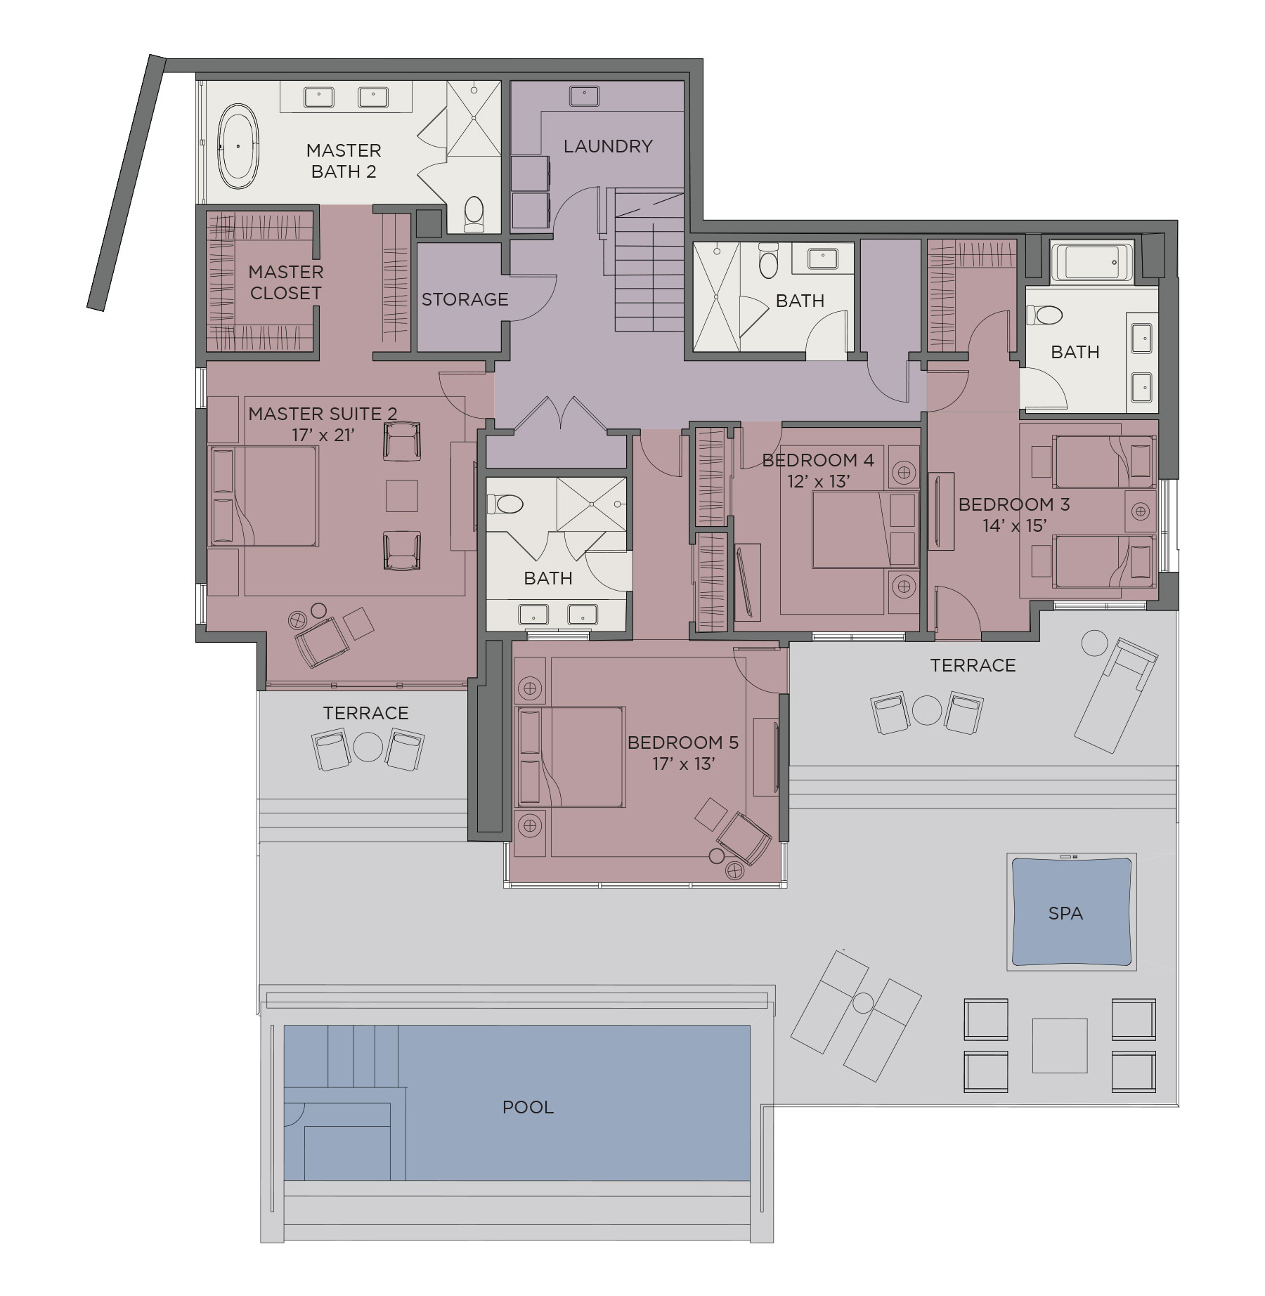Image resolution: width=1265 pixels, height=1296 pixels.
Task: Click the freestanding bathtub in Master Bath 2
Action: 238,146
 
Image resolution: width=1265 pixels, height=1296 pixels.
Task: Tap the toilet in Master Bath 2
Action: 474,213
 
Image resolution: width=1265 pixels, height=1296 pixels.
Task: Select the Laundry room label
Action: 608,146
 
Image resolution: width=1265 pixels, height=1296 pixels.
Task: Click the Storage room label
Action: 465,299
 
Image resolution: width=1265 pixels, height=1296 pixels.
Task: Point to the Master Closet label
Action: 285,282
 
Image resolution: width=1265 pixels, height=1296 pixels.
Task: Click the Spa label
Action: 1065,913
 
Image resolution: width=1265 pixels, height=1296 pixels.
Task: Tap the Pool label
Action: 528,1107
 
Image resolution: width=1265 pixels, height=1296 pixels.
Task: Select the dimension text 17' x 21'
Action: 323,435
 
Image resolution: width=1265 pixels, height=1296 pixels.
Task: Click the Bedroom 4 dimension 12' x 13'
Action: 818,481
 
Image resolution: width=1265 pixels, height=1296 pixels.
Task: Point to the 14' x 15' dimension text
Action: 1014,525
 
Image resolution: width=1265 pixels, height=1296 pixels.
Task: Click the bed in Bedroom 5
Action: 570,757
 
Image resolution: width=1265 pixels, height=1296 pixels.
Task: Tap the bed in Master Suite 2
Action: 264,496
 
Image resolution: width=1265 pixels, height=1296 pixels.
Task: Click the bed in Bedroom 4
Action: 865,530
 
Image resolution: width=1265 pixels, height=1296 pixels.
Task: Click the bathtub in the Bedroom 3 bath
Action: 1091,262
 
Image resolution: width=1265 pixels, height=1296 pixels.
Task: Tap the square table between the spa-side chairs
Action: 1060,1046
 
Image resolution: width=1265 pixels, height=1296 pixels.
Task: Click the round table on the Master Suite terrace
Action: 368,747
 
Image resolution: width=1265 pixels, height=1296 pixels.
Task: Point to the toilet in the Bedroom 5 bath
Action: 505,504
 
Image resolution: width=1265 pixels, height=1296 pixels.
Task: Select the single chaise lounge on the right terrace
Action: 1115,695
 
